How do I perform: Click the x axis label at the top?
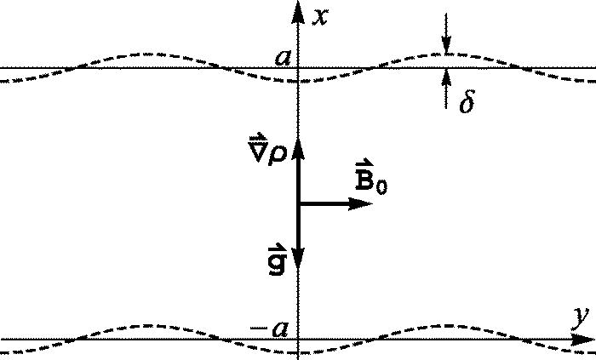coord(319,17)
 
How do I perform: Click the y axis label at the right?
coord(581,318)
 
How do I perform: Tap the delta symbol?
coord(465,104)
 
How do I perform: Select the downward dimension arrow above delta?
coord(444,43)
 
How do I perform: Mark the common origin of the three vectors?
coord(298,203)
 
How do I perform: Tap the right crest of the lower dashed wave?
coord(443,325)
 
